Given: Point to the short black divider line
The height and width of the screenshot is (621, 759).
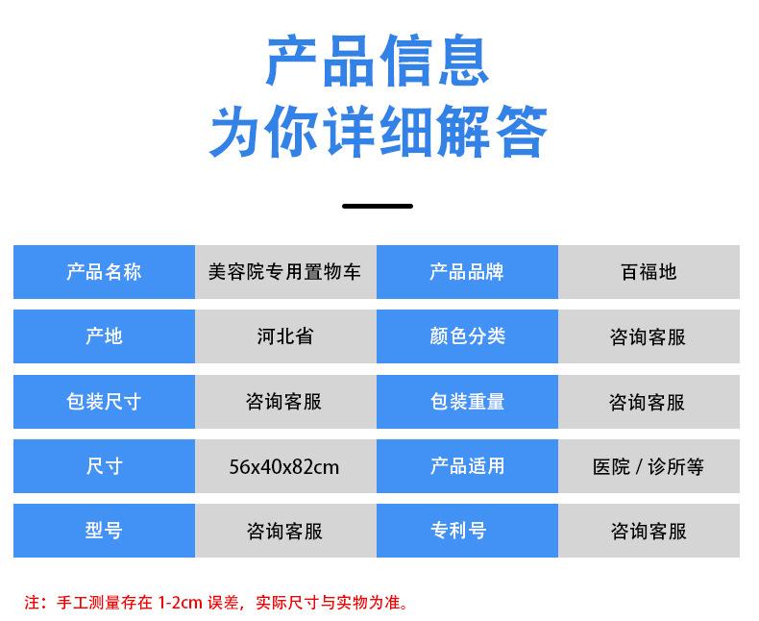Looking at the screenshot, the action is tap(378, 206).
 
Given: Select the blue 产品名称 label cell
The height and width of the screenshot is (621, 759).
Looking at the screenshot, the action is tap(104, 272).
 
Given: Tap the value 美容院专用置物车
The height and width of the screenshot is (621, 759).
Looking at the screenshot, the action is tap(284, 272).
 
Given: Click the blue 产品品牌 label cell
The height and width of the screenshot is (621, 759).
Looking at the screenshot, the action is tap(467, 272).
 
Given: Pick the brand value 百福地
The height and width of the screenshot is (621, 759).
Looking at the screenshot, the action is tap(649, 272).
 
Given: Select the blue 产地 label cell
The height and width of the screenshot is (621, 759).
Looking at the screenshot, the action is tap(104, 336).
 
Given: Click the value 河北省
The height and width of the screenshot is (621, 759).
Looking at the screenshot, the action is tap(284, 336).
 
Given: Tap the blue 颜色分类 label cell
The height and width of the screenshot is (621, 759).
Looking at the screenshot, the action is tap(467, 336).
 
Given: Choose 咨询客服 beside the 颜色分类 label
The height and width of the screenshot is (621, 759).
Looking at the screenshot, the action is tap(649, 336).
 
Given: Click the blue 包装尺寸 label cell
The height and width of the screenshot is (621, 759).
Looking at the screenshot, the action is tap(104, 402).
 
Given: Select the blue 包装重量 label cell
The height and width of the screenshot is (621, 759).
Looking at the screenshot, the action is tap(467, 402).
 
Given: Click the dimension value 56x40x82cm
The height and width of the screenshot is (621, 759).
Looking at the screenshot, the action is tap(284, 467).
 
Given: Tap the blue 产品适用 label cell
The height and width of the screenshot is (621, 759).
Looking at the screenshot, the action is tap(467, 466).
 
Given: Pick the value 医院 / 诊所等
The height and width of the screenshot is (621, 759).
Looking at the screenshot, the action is tap(649, 467).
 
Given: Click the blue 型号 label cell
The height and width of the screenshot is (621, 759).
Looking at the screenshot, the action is tap(104, 531).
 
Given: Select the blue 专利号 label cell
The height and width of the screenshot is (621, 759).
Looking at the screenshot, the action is tap(467, 531).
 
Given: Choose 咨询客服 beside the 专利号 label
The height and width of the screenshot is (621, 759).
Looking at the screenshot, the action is tap(649, 531).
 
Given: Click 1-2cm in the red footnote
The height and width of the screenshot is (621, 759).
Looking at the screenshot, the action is tap(180, 604).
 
